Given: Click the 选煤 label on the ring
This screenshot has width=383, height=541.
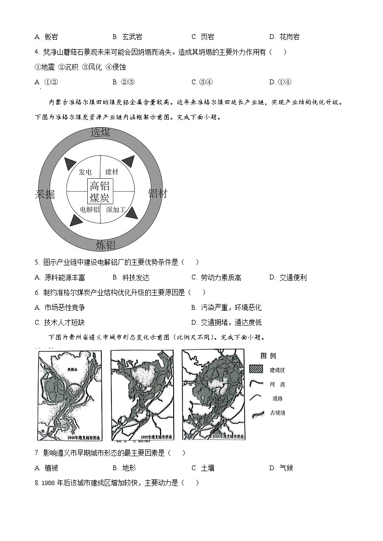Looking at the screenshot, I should click(x=100, y=133).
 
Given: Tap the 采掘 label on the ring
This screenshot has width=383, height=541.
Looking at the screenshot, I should click(x=45, y=194).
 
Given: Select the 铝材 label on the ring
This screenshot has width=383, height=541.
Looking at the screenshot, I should click(x=157, y=194).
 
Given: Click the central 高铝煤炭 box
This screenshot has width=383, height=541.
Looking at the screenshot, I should click(x=100, y=192).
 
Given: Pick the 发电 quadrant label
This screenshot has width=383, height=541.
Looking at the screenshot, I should click(x=85, y=172).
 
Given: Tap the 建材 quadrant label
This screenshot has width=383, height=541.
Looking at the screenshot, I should click(x=111, y=172).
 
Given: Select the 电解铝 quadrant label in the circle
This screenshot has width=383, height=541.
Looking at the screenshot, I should click(x=90, y=210).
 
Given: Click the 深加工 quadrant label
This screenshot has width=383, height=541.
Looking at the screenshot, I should click(x=116, y=210).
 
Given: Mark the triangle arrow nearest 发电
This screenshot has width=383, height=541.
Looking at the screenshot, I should click(x=70, y=163).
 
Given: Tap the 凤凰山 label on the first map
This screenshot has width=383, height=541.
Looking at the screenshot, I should click(x=73, y=369).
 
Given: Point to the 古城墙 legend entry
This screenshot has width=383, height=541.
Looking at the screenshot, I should click(x=278, y=413).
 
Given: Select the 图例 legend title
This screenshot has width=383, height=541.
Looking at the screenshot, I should click(x=268, y=356).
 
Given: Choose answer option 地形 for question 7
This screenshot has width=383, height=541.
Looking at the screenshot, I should click(x=129, y=468).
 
